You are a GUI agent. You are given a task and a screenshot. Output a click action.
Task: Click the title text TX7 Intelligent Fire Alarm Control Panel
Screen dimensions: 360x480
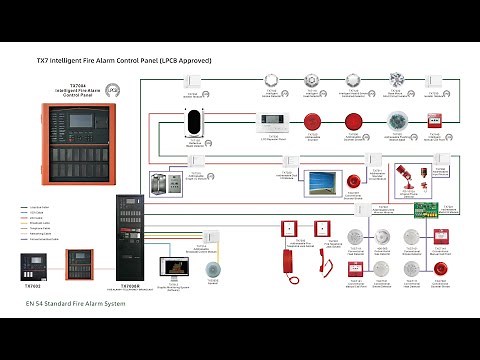tap(123, 60)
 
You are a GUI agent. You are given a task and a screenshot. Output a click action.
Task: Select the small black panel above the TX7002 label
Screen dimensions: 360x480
tap(32, 265)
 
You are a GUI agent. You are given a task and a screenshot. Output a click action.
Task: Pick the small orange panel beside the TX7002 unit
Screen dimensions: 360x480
tap(79, 265)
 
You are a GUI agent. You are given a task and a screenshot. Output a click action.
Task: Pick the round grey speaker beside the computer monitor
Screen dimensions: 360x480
tap(211, 269)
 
